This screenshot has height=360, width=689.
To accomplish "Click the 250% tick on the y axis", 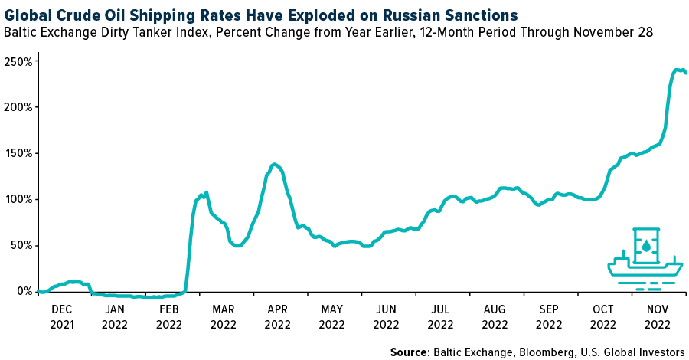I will (17, 61).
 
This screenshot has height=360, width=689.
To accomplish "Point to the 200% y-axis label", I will (17, 107).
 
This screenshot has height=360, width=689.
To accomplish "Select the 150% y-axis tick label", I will (17, 153).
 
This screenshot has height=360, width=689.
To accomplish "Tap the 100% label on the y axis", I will (17, 199).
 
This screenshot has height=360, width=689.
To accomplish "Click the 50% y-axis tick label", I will (20, 245).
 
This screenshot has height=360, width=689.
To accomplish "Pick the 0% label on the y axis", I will (23, 291).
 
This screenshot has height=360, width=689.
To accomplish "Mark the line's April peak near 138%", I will (274, 164).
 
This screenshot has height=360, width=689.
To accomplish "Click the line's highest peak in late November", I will (678, 70).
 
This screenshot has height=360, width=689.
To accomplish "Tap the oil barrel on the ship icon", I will (646, 245).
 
